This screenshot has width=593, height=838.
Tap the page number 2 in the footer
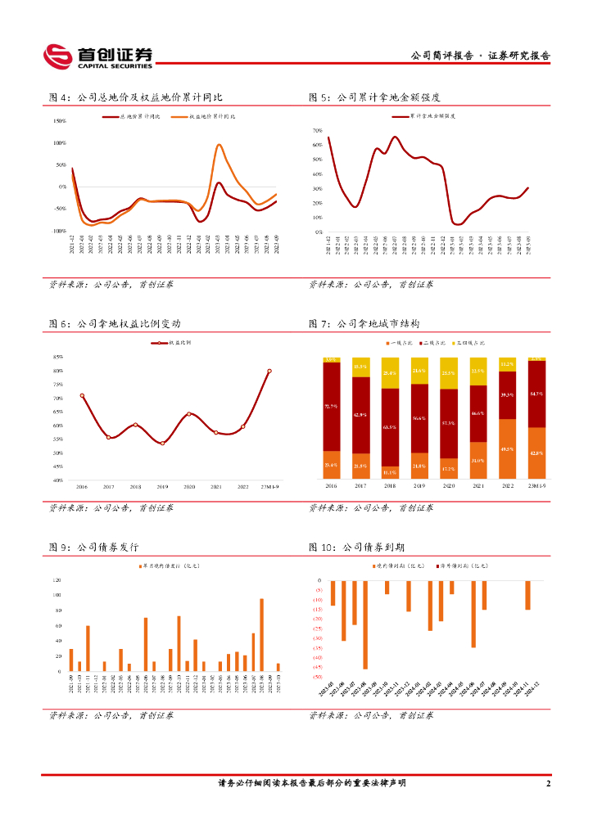[x=548, y=783]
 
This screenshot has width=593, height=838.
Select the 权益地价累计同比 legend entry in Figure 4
[x=208, y=117]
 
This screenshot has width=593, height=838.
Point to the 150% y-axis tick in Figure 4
[x=59, y=121]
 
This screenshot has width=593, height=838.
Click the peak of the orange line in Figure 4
[x=220, y=145]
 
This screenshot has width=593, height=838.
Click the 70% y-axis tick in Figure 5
[x=318, y=131]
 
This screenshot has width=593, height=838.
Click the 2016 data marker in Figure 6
[x=82, y=395]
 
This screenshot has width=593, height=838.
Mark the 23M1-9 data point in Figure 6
[x=269, y=371]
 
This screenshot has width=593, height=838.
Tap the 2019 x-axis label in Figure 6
[x=162, y=487]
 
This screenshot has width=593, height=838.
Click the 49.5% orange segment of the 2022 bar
[x=507, y=448]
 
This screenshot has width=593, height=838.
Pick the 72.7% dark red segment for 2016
[x=332, y=406]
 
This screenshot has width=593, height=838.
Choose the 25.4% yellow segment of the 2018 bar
[x=390, y=373]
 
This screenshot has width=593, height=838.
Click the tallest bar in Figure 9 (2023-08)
[x=261, y=635]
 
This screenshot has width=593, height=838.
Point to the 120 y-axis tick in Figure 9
[x=57, y=580]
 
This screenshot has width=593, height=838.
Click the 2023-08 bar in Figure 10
[x=365, y=624]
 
